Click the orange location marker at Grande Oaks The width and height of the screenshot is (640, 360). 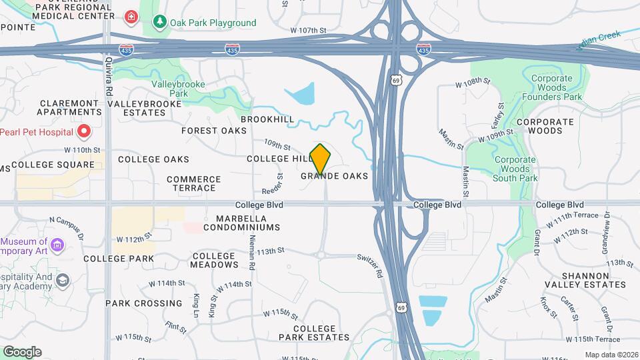click(321, 159)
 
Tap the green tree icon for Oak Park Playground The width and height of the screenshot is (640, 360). click(159, 22)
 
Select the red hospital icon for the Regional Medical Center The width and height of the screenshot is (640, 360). click(132, 16)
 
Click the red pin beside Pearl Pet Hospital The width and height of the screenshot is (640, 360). click(83, 131)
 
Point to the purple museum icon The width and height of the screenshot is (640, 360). click(57, 246)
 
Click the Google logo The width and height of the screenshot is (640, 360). click(22, 352)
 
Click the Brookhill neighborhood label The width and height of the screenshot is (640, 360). click(267, 119)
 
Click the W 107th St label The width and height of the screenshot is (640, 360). click(308, 31)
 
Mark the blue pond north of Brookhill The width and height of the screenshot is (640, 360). click(301, 94)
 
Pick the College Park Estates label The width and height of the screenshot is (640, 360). click(321, 333)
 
